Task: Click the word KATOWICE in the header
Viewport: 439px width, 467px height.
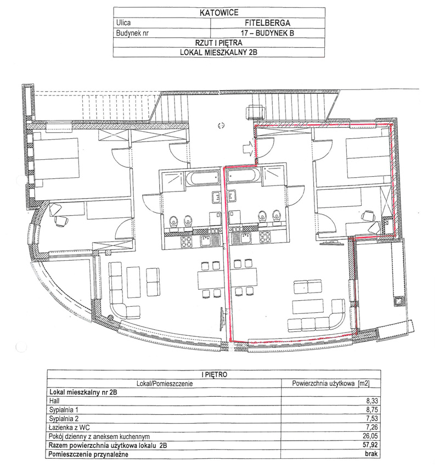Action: (x=219, y=13)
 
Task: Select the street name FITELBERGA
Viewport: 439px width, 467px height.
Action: (x=267, y=22)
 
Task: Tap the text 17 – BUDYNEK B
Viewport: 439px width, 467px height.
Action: (x=267, y=33)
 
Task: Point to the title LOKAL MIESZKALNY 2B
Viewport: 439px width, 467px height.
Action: (x=218, y=52)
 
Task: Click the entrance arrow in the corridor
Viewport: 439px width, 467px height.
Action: (x=248, y=148)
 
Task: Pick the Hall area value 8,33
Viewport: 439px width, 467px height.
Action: (x=372, y=401)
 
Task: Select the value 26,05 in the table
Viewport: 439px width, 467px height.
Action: (x=370, y=436)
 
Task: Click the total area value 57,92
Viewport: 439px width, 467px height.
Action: (x=370, y=445)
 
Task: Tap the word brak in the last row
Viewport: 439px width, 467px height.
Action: (x=372, y=454)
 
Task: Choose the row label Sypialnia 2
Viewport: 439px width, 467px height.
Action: (x=64, y=419)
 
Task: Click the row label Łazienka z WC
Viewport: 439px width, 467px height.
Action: (x=69, y=427)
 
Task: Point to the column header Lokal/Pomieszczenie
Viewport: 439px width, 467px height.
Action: (x=165, y=383)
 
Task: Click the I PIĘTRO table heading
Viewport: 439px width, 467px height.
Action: (x=214, y=374)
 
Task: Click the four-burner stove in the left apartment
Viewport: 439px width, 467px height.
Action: (x=187, y=241)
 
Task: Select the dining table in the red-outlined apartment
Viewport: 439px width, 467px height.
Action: (x=244, y=277)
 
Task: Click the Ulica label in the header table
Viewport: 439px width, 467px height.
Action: (x=123, y=22)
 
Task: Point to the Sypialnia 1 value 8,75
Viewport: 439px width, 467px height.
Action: (x=372, y=410)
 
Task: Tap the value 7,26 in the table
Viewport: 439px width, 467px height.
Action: (x=372, y=427)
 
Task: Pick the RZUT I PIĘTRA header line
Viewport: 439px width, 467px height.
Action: (x=218, y=43)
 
